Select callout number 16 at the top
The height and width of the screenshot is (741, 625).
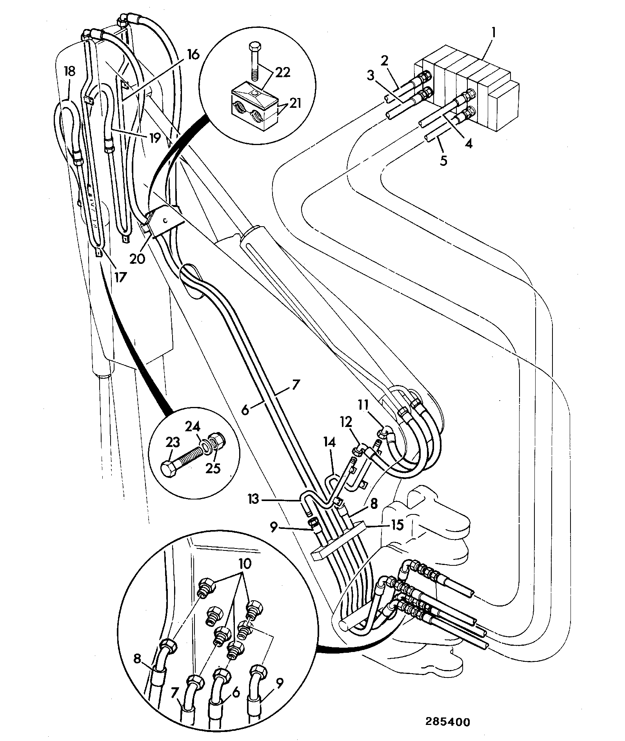point(193,54)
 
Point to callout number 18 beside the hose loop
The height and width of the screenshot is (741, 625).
point(69,72)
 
